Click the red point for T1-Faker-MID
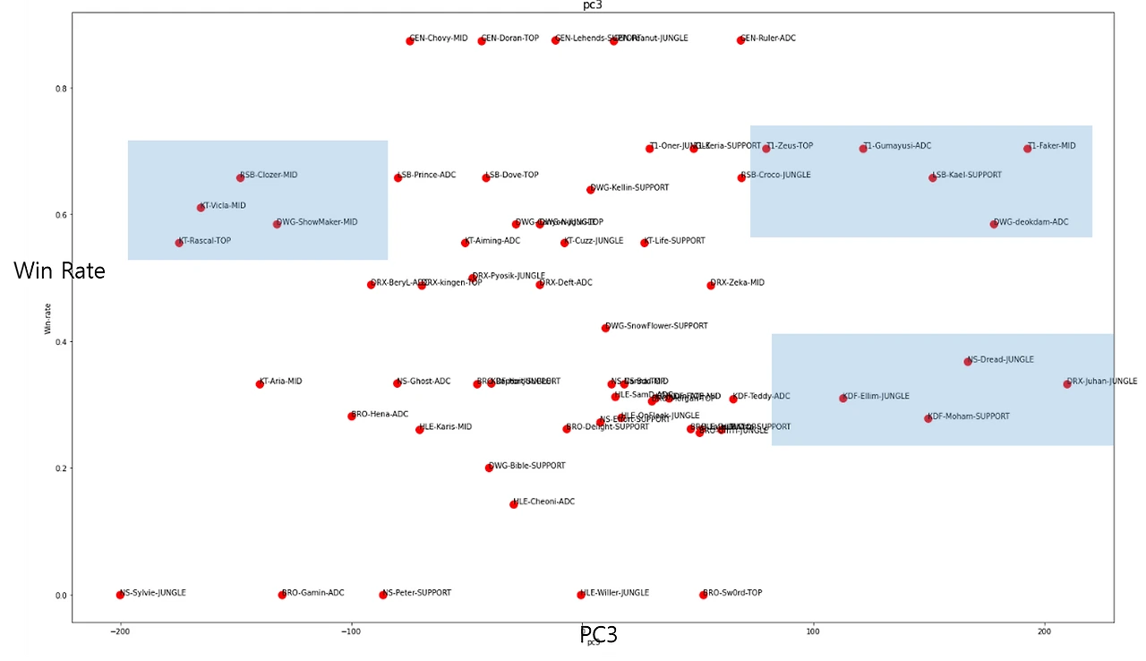pyautogui.click(x=1028, y=149)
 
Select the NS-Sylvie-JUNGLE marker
pyautogui.click(x=120, y=595)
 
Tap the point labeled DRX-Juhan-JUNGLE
pyautogui.click(x=1067, y=384)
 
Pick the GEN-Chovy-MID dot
pyautogui.click(x=410, y=41)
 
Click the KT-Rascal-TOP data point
pyautogui.click(x=179, y=243)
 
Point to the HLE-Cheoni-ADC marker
pyautogui.click(x=514, y=504)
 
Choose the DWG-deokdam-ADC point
pyautogui.click(x=994, y=224)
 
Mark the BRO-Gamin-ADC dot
pyautogui.click(x=282, y=595)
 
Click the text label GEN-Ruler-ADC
pyautogui.click(x=770, y=39)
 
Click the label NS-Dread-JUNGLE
pyautogui.click(x=1002, y=360)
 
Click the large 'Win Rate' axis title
pyautogui.click(x=62, y=271)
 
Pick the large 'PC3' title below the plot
pyautogui.click(x=598, y=635)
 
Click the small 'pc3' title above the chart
pyautogui.click(x=592, y=5)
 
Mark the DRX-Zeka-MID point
pyautogui.click(x=711, y=285)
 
